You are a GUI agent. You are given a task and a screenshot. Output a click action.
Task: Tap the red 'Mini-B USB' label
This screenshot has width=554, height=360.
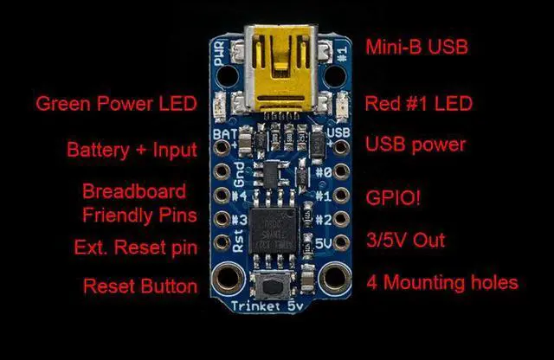tap(417, 47)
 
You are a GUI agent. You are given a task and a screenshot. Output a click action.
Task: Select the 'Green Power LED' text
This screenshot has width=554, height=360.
tap(116, 105)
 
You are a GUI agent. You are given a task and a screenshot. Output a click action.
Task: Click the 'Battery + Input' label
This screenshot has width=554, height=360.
tap(132, 150)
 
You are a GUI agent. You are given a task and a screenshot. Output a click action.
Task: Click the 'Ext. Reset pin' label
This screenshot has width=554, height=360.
tap(135, 248)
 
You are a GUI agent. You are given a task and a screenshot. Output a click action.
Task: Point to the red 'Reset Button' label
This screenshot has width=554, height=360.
tap(139, 286)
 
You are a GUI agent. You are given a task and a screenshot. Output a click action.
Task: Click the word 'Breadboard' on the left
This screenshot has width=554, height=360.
tap(134, 190)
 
